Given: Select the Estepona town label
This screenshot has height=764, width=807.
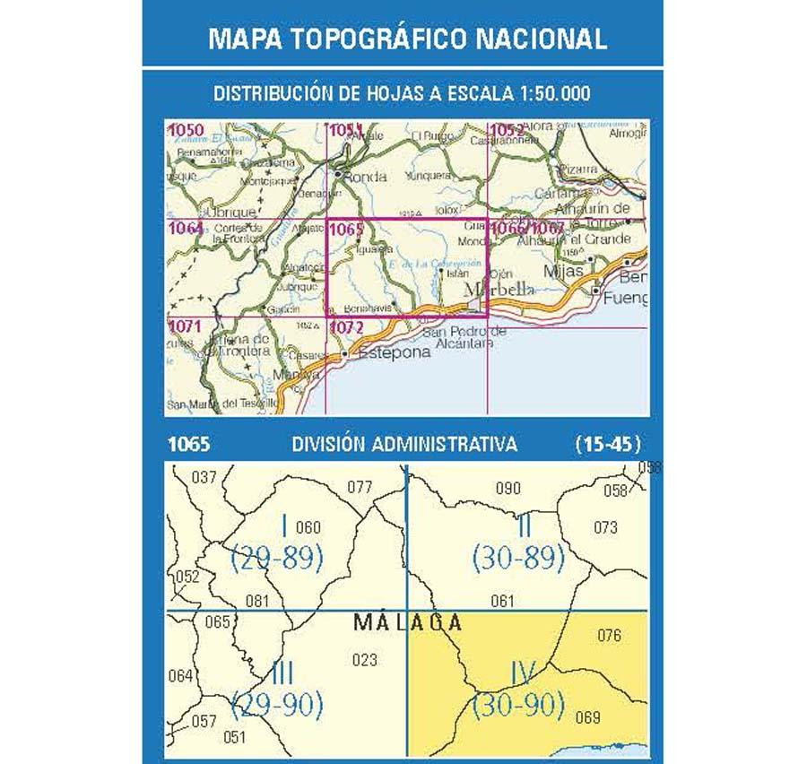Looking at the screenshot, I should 395,352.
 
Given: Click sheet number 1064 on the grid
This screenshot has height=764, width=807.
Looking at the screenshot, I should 186,230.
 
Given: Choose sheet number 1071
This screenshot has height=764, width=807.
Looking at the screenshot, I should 186,327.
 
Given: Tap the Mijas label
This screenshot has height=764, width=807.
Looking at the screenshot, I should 564,270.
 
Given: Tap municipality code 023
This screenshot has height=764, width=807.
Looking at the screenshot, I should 365,661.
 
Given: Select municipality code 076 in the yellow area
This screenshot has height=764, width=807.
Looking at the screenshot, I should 609,637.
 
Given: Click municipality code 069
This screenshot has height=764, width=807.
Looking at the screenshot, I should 588,716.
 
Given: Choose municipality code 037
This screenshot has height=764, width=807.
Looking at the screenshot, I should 204,477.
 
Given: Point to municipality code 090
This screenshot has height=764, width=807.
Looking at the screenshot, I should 508,489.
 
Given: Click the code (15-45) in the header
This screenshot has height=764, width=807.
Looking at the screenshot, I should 607,442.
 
